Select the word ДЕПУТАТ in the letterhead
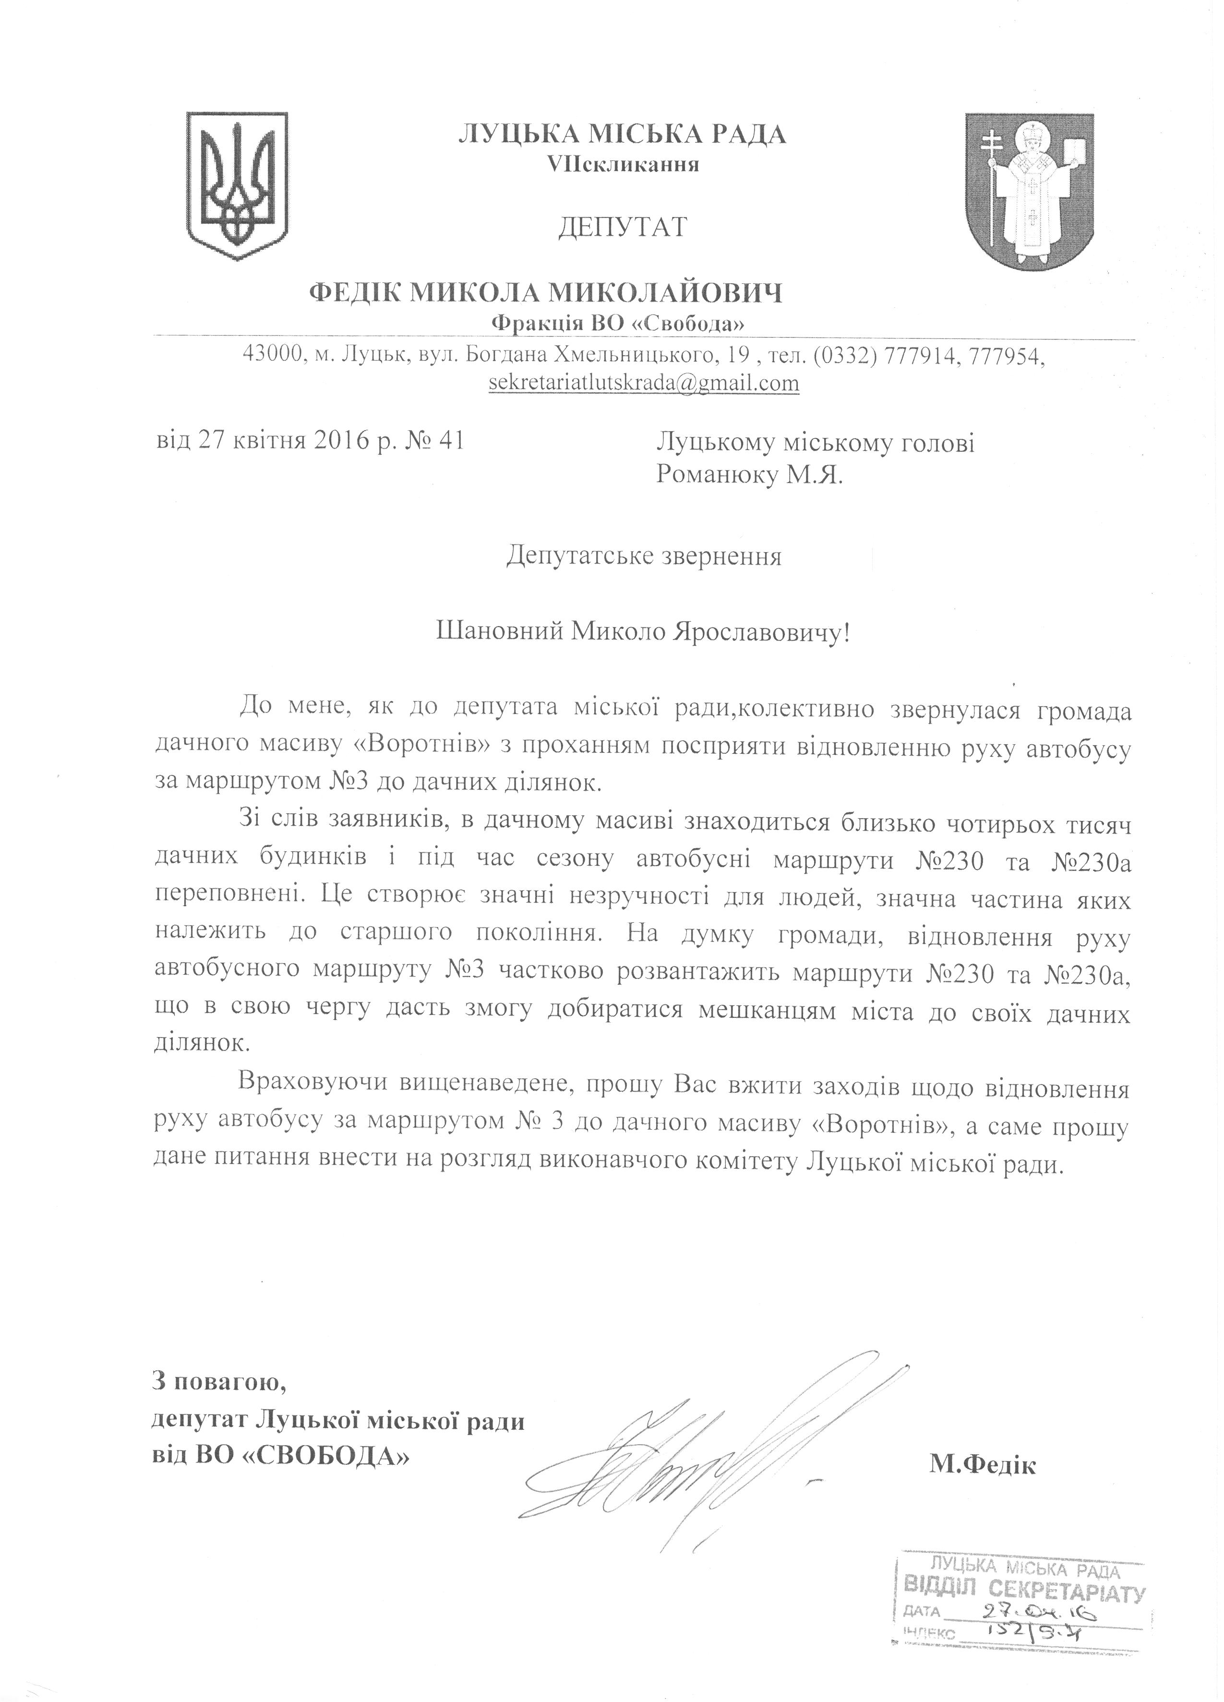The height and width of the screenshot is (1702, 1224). tap(622, 227)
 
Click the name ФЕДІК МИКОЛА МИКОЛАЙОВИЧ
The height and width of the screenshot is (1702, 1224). tap(546, 292)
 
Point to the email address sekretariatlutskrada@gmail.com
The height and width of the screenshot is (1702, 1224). tap(643, 384)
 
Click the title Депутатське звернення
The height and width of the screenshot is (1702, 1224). tap(644, 557)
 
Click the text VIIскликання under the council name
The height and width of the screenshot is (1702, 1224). tap(624, 164)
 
